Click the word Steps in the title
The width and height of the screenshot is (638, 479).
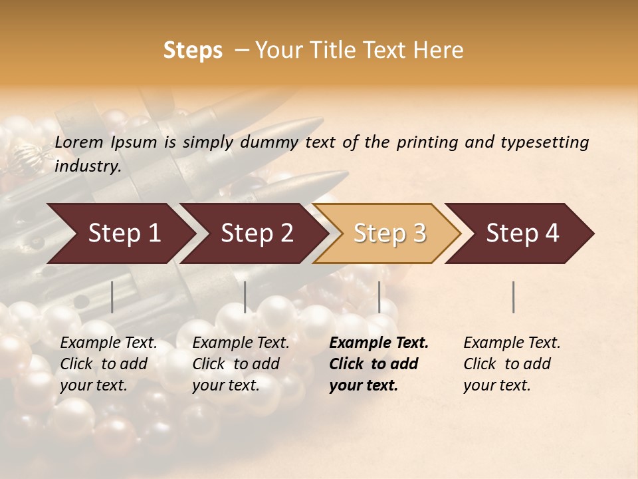point(193,51)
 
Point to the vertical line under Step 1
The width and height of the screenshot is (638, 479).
point(112,297)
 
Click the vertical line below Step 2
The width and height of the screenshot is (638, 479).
point(245,297)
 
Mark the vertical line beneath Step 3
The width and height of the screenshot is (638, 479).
point(379,297)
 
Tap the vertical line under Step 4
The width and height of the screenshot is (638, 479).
point(514,297)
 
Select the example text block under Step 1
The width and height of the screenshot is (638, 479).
point(108,363)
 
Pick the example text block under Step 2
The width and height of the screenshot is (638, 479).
point(241,363)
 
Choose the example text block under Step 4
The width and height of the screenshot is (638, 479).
point(512,363)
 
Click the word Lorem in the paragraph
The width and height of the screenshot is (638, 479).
point(79,142)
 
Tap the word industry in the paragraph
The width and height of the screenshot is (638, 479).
point(87,166)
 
